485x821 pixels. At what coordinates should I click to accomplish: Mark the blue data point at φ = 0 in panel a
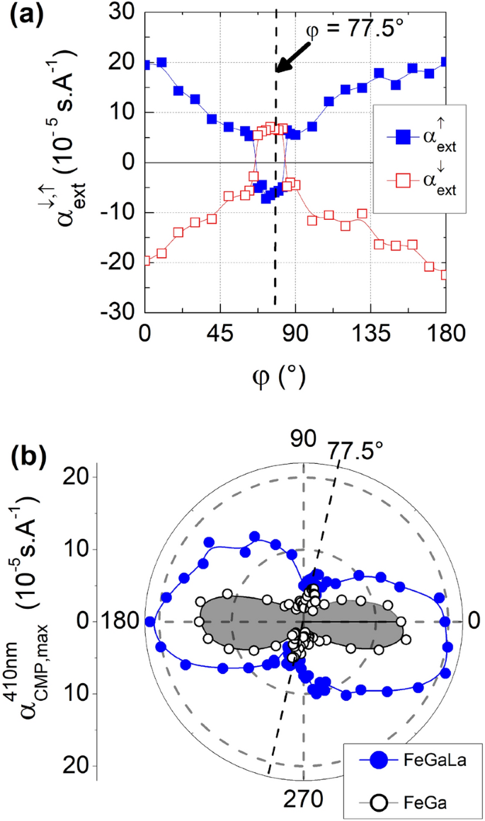(x=146, y=65)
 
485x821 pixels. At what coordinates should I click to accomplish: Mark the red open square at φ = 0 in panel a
(x=146, y=261)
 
